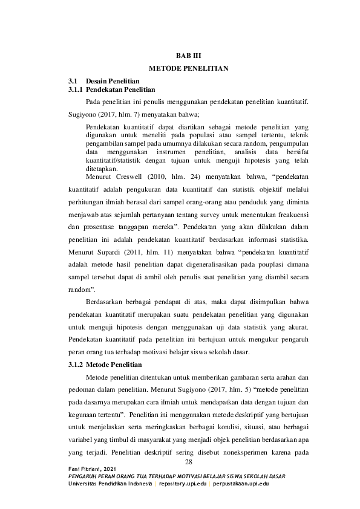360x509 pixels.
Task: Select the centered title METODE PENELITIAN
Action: point(188,68)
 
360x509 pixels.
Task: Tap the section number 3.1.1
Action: point(75,89)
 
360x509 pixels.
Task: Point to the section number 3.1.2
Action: point(75,365)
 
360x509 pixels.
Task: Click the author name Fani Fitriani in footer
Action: point(88,470)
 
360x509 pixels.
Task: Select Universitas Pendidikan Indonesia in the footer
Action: point(110,484)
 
